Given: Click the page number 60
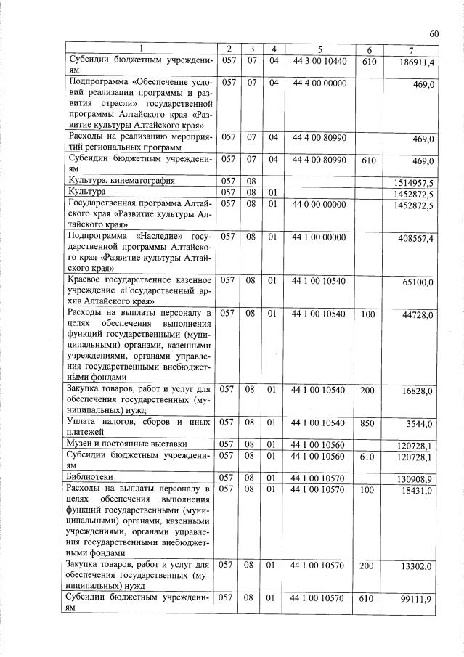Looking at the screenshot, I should pos(434,34).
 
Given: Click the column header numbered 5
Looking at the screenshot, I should pos(319,49).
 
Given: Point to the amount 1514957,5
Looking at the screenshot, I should pos(415,182).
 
